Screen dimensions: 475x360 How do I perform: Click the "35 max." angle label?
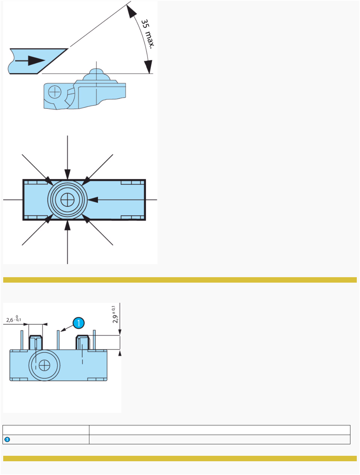(148, 33)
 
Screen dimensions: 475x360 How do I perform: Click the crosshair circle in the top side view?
(55, 92)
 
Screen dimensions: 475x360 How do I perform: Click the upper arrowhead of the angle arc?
(131, 12)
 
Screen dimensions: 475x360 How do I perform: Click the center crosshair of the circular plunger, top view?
(67, 200)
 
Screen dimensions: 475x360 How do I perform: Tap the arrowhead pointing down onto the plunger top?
(67, 175)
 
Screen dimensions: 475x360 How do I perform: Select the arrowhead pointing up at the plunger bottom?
(67, 225)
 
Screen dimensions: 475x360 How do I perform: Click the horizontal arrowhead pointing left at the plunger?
(93, 200)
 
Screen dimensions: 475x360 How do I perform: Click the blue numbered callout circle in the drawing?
(78, 323)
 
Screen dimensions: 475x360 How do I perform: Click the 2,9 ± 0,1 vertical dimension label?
(115, 314)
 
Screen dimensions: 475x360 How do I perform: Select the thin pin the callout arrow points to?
(58, 340)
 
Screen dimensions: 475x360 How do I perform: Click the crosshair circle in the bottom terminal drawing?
(44, 365)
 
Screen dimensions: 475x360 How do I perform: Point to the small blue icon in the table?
(7, 439)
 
